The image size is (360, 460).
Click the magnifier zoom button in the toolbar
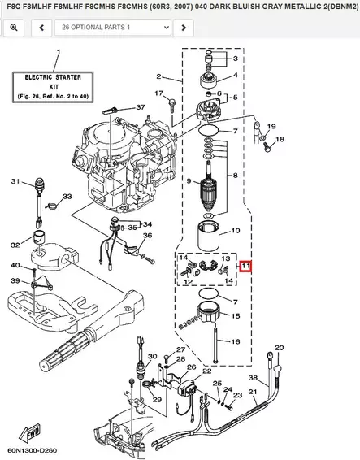[14, 28]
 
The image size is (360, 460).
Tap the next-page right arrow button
[184, 28]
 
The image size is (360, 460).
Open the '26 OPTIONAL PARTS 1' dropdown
[113, 28]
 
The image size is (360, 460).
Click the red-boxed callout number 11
[245, 266]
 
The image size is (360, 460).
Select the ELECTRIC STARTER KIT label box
[53, 87]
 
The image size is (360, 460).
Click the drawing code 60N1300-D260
[33, 450]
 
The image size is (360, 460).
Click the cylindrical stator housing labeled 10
[209, 235]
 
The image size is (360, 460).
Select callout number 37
[141, 107]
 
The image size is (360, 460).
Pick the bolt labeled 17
[171, 106]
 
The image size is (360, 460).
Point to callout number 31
[15, 181]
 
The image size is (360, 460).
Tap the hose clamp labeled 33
[52, 206]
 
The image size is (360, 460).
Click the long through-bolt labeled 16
[216, 344]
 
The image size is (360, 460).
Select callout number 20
[280, 348]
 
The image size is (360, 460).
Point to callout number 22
[207, 371]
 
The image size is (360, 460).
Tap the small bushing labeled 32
[39, 237]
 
